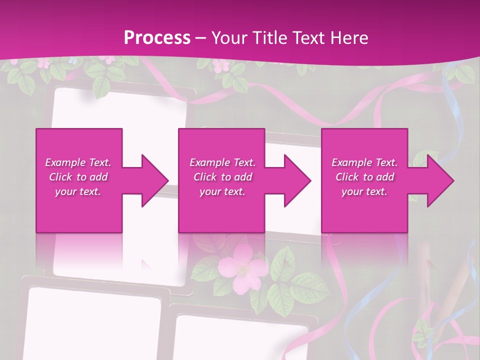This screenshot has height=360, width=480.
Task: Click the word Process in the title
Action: pyautogui.click(x=157, y=37)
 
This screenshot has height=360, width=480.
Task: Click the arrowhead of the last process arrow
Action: pyautogui.click(x=439, y=180)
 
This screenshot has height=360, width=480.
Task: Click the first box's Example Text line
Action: pyautogui.click(x=78, y=162)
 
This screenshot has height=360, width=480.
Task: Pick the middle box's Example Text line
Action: pyautogui.click(x=222, y=162)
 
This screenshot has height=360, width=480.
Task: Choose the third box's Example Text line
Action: pyautogui.click(x=364, y=162)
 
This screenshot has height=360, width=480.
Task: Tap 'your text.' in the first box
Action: pyautogui.click(x=78, y=191)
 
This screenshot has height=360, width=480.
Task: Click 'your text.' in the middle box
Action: pyautogui.click(x=222, y=191)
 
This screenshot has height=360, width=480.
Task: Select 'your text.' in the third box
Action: pyautogui.click(x=364, y=191)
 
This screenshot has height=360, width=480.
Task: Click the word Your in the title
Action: pyautogui.click(x=227, y=37)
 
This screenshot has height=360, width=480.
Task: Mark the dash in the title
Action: pyautogui.click(x=201, y=38)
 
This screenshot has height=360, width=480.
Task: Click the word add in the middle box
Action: pyautogui.click(x=243, y=177)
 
